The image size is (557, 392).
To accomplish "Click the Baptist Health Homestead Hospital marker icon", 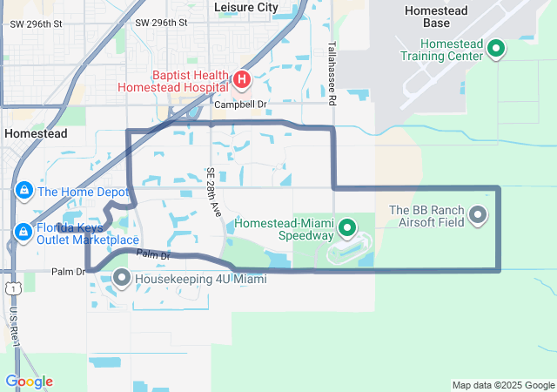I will (241, 81).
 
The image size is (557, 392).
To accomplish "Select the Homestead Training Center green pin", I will (496, 48).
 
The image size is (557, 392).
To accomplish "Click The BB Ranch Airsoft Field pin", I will (477, 213).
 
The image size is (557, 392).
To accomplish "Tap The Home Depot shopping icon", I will (23, 191).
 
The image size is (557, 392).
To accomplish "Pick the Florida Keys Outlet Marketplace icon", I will (23, 231).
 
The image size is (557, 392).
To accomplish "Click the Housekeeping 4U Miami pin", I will (122, 279).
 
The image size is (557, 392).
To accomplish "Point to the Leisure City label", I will (246, 7).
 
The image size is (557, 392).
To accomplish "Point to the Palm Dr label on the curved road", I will (152, 255).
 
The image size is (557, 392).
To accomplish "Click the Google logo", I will (29, 382).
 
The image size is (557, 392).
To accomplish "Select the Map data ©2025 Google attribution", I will (502, 385).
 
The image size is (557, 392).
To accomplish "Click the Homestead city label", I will (35, 134).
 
